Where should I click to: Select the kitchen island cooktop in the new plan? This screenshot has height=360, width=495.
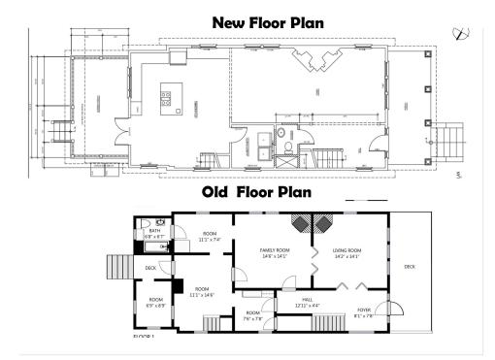(166, 97)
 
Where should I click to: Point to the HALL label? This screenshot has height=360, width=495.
(307, 300)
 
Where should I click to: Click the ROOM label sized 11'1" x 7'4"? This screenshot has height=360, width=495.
(209, 235)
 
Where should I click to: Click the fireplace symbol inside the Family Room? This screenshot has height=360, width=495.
(301, 222)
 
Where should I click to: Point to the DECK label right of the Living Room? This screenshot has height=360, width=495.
(409, 265)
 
